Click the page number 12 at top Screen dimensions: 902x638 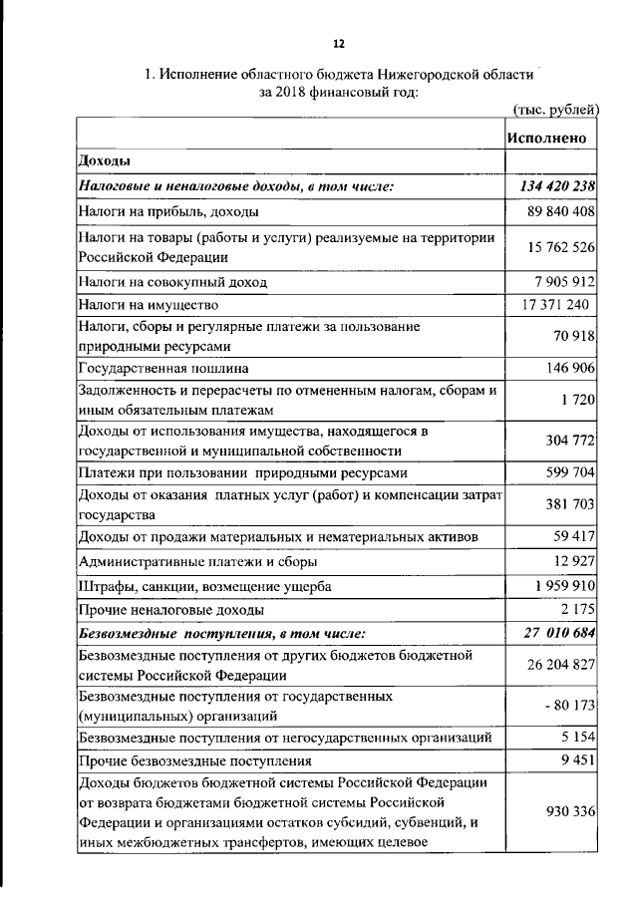coord(338,44)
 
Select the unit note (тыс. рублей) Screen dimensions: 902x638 coord(555,109)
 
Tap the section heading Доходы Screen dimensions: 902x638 coord(105,160)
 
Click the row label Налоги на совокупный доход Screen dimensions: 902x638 coord(172,282)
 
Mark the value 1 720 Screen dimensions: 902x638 coord(579,400)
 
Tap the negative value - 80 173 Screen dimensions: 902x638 coord(567,706)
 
